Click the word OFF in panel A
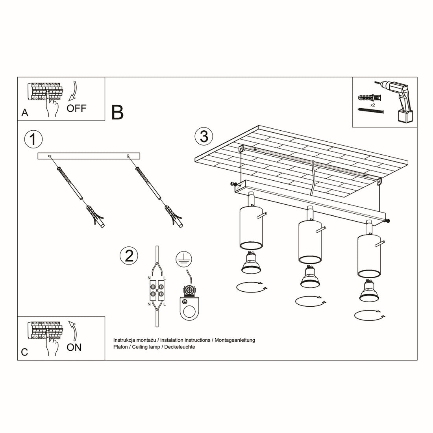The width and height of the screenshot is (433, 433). tap(76, 108)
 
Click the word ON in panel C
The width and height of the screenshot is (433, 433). tap(74, 347)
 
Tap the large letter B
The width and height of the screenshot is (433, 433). tap(117, 112)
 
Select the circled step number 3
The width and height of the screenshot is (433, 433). tap(204, 136)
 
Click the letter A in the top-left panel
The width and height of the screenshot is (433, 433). tap(25, 113)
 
